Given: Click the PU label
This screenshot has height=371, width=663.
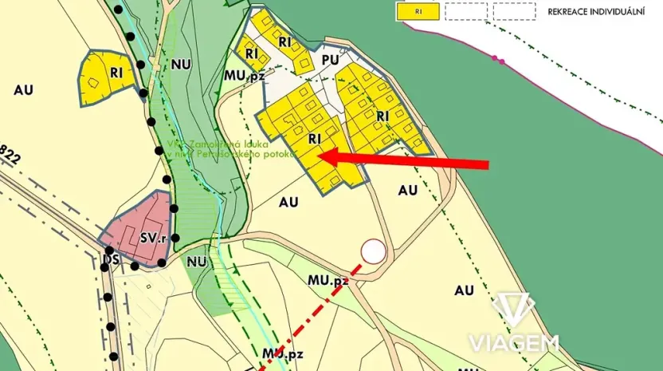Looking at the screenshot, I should click(331, 60).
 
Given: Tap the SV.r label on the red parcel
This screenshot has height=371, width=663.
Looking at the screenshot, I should click(153, 237).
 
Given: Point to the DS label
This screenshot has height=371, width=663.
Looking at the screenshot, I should click(110, 260).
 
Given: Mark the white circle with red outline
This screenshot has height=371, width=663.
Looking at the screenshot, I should click(373, 252).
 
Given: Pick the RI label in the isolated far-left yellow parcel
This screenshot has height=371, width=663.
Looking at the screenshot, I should click(116, 73).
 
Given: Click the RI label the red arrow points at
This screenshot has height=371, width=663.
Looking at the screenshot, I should click(314, 139).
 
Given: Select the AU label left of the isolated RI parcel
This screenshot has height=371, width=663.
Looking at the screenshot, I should click(23, 89).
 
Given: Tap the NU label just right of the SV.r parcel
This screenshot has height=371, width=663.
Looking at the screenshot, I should click(197, 261).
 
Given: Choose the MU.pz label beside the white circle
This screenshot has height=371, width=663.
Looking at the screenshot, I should click(328, 281).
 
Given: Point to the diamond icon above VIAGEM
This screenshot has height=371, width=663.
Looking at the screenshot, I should click(512, 310).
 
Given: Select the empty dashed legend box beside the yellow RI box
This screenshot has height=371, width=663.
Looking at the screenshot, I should click(465, 11).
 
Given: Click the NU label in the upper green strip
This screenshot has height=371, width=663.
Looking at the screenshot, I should click(180, 65).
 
